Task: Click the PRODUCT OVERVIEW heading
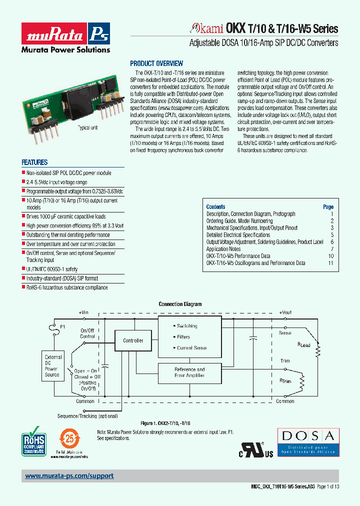pyautogui.click(x=156, y=63)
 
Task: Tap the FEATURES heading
pyautogui.click(x=34, y=162)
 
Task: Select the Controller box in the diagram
pyautogui.click(x=133, y=340)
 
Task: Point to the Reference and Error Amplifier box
pyautogui.click(x=189, y=372)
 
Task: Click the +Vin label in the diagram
pyautogui.click(x=83, y=312)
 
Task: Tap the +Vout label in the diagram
pyautogui.click(x=285, y=312)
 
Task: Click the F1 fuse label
pyautogui.click(x=63, y=327)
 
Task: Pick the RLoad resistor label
pyautogui.click(x=304, y=345)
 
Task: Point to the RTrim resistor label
pyautogui.click(x=285, y=381)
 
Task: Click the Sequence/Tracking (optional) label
pyautogui.click(x=87, y=416)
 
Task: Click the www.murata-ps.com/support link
pyautogui.click(x=69, y=476)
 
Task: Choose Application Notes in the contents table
pyautogui.click(x=223, y=249)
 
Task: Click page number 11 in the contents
pyautogui.click(x=330, y=263)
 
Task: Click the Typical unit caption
pyautogui.click(x=87, y=128)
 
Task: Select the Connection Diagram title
pyautogui.click(x=180, y=304)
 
